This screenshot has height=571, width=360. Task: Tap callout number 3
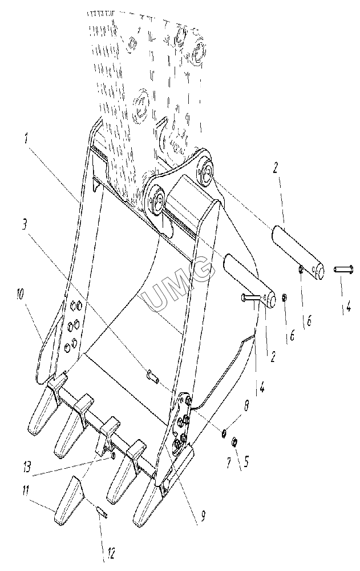coord(25,224)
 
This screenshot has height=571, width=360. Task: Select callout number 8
coord(247,406)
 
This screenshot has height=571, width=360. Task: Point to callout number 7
coord(229,463)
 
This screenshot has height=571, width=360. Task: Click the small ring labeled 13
coord(113,456)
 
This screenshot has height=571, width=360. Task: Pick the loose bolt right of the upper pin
coord(342,270)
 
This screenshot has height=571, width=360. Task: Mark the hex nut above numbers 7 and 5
coord(234,443)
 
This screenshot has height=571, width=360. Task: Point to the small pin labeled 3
coord(152,376)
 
